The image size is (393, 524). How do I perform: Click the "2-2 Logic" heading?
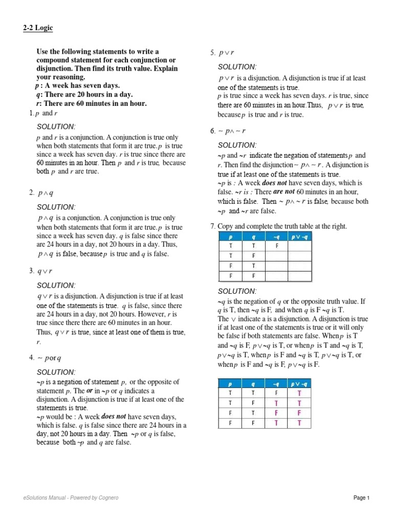37,28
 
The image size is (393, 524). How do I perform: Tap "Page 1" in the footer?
361,497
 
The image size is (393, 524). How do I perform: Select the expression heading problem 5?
226,53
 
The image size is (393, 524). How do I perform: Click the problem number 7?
212,226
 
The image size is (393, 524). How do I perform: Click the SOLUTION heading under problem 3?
56,285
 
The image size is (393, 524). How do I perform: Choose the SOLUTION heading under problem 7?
237,291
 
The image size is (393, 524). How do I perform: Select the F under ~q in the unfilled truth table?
276,246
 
